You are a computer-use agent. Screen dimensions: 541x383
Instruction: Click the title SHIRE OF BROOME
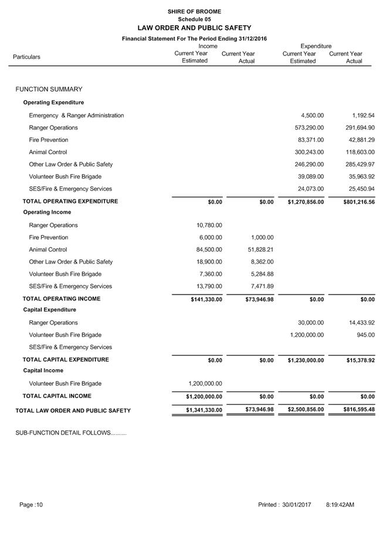pos(194,12)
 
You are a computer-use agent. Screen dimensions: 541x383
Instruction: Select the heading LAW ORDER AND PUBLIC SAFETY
pos(194,28)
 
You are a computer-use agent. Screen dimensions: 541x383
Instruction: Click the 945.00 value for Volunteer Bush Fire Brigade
pos(366,336)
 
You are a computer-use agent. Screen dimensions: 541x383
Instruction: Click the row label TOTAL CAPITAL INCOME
pos(57,396)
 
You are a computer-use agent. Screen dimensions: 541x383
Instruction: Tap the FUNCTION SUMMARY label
pos(49,90)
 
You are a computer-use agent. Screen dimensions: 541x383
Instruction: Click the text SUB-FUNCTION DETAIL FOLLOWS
pos(70,433)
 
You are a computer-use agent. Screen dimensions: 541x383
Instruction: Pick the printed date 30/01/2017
pos(296,505)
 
